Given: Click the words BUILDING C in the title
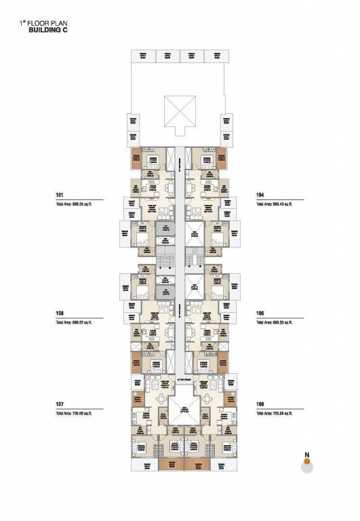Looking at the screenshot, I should click(47, 31).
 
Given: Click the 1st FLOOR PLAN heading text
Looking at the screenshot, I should click(45, 23).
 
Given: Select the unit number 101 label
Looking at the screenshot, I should click(60, 195).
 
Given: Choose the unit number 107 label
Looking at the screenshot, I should click(60, 404).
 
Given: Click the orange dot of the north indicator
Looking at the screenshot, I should click(306, 461).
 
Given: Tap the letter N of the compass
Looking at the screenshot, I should click(306, 454).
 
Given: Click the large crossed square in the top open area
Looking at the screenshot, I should click(180, 109).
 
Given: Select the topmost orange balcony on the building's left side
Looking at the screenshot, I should click(138, 158).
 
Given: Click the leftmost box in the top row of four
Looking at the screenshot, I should click(143, 56).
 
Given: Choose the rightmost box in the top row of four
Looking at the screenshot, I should click(216, 56).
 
